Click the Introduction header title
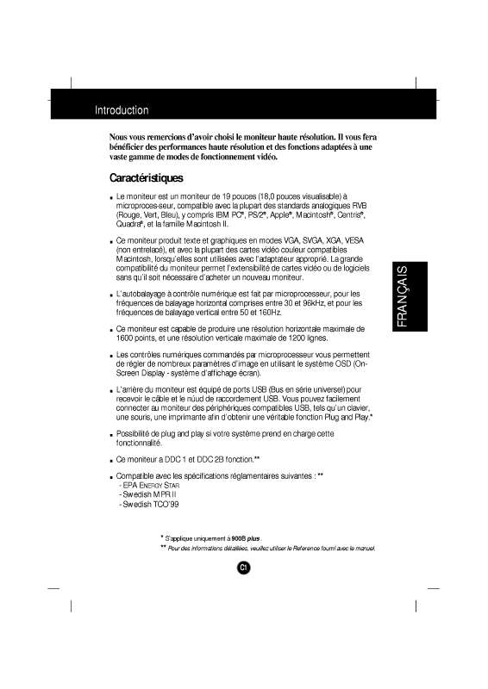click(122, 111)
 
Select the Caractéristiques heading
click(147, 179)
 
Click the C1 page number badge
click(244, 567)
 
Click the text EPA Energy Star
click(143, 486)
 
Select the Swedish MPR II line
click(143, 494)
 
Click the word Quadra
click(128, 222)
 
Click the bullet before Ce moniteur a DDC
click(109, 460)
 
